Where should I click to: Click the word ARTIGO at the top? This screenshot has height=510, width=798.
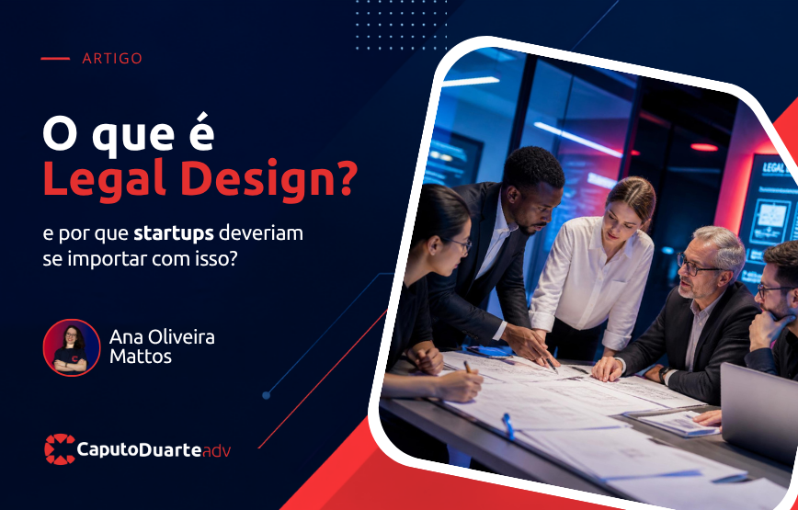pyautogui.click(x=112, y=59)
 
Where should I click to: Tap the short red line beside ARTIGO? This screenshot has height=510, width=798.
pyautogui.click(x=55, y=59)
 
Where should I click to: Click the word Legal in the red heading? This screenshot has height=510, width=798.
pyautogui.click(x=104, y=182)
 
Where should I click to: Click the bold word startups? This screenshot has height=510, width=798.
pyautogui.click(x=174, y=234)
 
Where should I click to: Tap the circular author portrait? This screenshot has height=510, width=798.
pyautogui.click(x=72, y=347)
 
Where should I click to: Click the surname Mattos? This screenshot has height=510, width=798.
pyautogui.click(x=141, y=356)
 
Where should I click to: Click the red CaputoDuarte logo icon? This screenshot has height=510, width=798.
pyautogui.click(x=60, y=449)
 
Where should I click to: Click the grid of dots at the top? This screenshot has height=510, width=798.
pyautogui.click(x=402, y=26)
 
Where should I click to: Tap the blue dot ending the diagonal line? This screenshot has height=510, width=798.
pyautogui.click(x=266, y=395)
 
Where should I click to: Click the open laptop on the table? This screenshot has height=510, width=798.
pyautogui.click(x=758, y=406)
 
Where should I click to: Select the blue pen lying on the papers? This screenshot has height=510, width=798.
pyautogui.click(x=507, y=425)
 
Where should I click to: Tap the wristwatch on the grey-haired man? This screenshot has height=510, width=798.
pyautogui.click(x=664, y=374)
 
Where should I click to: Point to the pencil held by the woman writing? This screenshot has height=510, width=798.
pyautogui.click(x=467, y=368)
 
